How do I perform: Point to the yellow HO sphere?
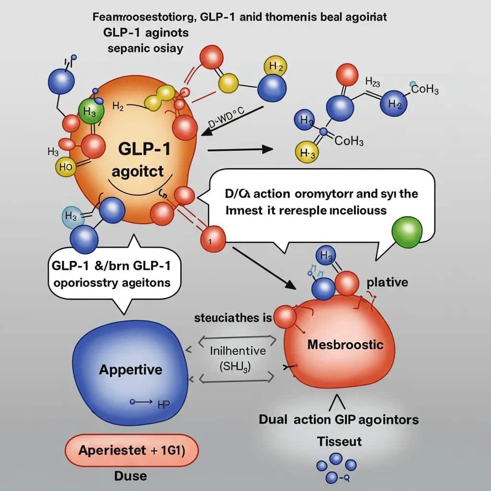point(66,167)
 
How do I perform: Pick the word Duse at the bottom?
point(131,476)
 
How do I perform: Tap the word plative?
point(387,282)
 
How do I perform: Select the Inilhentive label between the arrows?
point(238,351)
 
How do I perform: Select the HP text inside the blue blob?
point(164,405)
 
